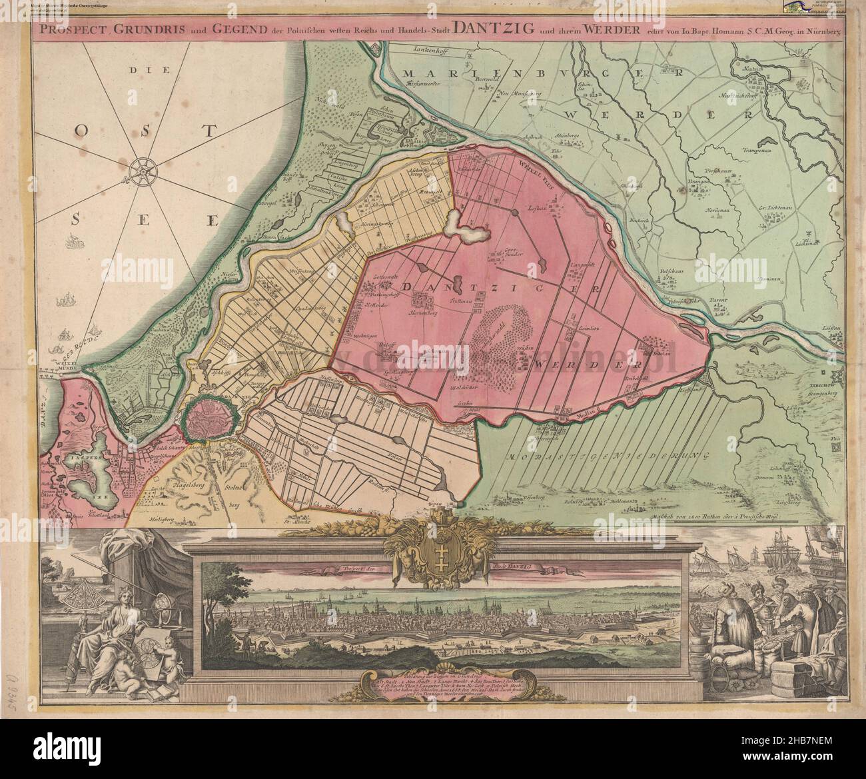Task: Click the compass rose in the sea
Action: [x=142, y=173]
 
